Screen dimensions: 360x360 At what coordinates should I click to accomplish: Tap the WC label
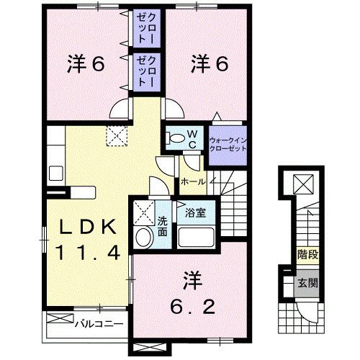193,136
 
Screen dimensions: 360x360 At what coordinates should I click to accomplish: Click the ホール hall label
192,182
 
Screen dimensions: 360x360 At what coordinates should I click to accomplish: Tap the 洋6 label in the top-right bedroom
210,65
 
